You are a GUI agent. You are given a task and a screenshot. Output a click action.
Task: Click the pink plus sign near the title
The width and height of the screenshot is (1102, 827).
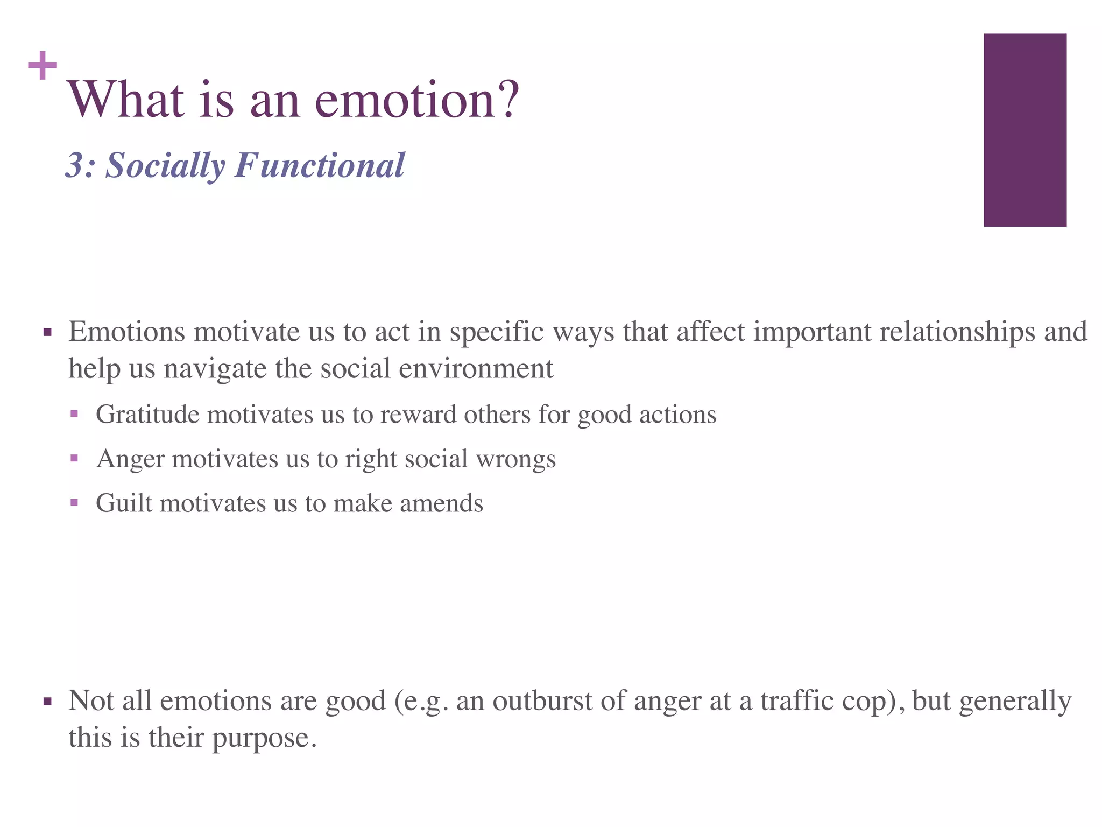click(x=43, y=66)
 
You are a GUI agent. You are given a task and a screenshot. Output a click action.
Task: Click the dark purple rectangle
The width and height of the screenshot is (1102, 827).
click(x=1025, y=130)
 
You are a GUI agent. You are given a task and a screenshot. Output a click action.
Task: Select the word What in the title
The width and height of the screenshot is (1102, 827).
click(x=125, y=100)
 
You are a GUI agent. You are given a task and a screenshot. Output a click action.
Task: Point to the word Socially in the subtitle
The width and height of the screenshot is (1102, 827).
click(x=165, y=166)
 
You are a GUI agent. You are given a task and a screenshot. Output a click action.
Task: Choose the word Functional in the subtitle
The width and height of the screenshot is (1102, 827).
click(x=320, y=165)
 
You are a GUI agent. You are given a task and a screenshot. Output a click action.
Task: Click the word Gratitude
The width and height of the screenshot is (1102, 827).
click(x=147, y=415)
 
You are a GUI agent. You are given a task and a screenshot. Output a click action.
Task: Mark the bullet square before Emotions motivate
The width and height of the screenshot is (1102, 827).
click(x=47, y=332)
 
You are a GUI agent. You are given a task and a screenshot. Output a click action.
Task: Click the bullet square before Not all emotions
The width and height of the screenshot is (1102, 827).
click(x=47, y=702)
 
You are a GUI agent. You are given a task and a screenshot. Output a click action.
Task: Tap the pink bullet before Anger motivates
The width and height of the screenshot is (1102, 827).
click(x=74, y=459)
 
